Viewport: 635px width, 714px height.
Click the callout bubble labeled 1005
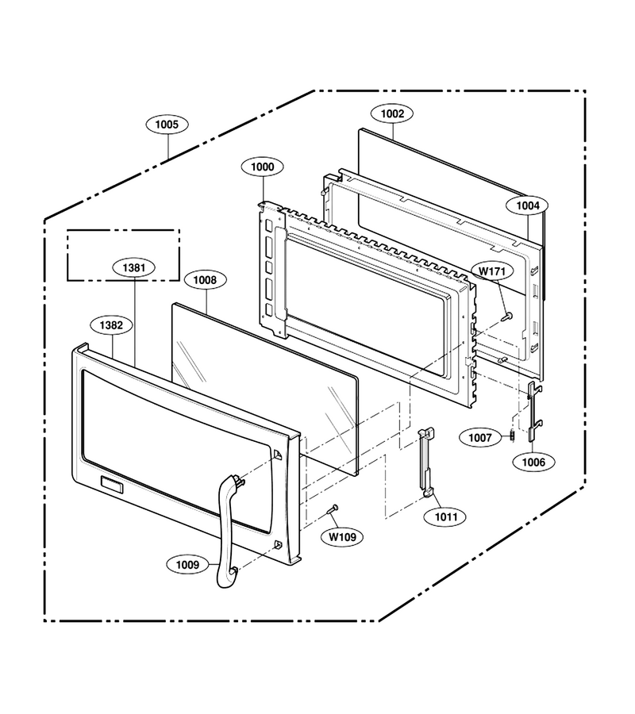(x=167, y=125)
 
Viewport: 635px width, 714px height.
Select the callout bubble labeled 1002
(x=392, y=113)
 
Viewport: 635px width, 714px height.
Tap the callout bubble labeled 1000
(x=263, y=167)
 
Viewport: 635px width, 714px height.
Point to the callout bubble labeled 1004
(x=528, y=205)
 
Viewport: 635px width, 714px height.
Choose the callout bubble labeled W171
(x=492, y=271)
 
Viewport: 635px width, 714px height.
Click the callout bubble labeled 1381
(x=134, y=267)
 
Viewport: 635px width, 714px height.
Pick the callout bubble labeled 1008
(x=205, y=279)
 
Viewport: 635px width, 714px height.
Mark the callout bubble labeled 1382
(x=111, y=325)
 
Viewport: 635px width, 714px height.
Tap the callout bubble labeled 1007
(x=480, y=438)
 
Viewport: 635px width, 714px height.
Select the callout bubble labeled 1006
(x=533, y=463)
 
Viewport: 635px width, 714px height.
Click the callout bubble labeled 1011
(x=446, y=516)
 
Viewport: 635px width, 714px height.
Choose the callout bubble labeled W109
(x=343, y=537)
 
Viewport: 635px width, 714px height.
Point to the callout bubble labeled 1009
(x=187, y=565)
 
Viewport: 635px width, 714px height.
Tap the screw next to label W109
(x=333, y=509)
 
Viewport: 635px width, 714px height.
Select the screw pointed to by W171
(x=506, y=317)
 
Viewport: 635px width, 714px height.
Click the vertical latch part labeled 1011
(x=425, y=463)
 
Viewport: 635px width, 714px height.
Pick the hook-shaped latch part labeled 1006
(x=533, y=411)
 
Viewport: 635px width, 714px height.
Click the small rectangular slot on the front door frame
(x=112, y=485)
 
